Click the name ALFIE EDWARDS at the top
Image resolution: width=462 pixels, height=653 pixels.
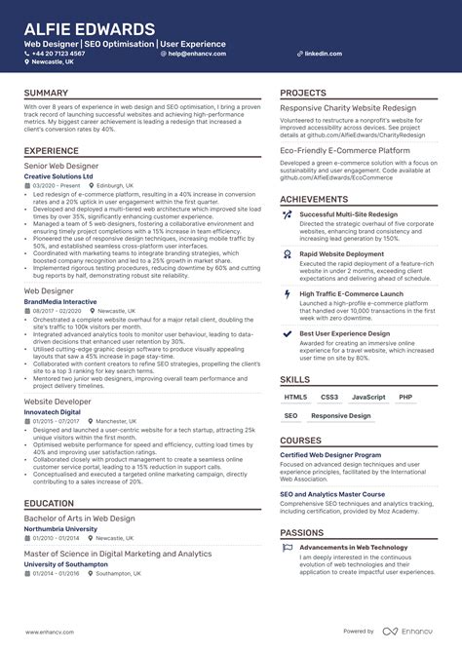click(90, 29)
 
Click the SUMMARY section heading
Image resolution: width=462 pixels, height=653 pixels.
click(46, 94)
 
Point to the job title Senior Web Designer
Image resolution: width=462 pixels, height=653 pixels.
click(61, 166)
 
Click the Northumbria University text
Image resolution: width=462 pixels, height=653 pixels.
click(67, 528)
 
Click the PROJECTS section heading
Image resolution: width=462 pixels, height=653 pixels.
click(303, 94)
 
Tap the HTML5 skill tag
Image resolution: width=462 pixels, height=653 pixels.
click(295, 398)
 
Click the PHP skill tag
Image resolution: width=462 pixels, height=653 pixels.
click(405, 398)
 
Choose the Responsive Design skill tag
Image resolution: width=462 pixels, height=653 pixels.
click(341, 416)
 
